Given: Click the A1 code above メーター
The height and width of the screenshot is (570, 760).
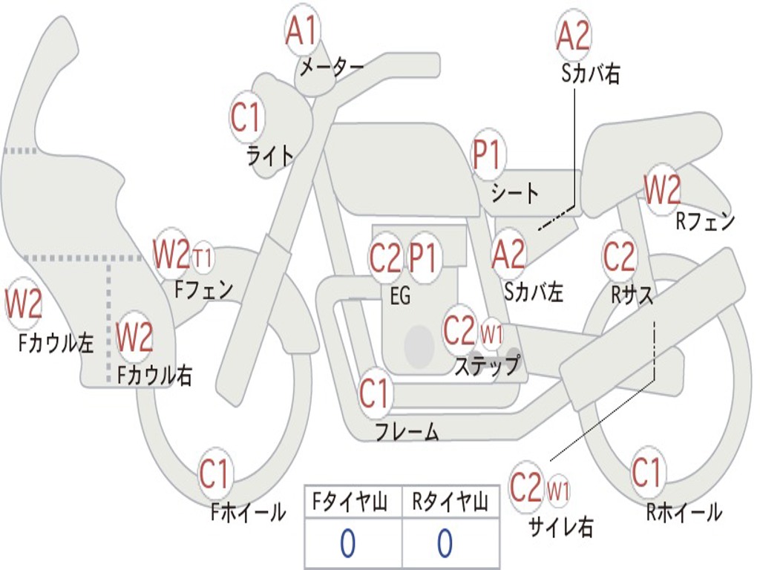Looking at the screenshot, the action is (x=301, y=30).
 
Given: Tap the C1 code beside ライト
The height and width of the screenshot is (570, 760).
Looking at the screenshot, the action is (x=246, y=117).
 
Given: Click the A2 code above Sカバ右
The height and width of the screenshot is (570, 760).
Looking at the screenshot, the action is (x=574, y=35).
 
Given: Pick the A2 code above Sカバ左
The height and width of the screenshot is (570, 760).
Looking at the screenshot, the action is (x=508, y=254).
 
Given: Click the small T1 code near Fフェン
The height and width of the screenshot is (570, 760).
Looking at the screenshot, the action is (x=203, y=258).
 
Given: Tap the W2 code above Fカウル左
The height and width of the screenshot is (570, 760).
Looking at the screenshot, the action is (x=23, y=303).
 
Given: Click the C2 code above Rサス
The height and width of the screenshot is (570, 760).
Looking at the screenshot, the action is (x=619, y=256).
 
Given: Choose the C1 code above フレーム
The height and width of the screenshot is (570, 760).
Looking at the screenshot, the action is (x=374, y=393).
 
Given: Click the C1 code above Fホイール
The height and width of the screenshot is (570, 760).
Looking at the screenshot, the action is (x=214, y=473).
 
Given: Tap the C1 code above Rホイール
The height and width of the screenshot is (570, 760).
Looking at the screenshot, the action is (x=646, y=471).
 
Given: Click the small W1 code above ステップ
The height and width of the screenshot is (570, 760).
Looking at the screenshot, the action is (x=491, y=334).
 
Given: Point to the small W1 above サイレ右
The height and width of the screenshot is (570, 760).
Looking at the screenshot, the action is (x=558, y=491).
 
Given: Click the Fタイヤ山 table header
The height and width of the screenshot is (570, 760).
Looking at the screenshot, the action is (x=350, y=502).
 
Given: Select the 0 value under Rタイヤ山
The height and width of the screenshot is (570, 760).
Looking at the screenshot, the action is (x=445, y=543).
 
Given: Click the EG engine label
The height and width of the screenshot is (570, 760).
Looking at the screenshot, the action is (x=400, y=295).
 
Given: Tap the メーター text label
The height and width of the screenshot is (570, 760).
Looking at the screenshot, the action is (x=332, y=68).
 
